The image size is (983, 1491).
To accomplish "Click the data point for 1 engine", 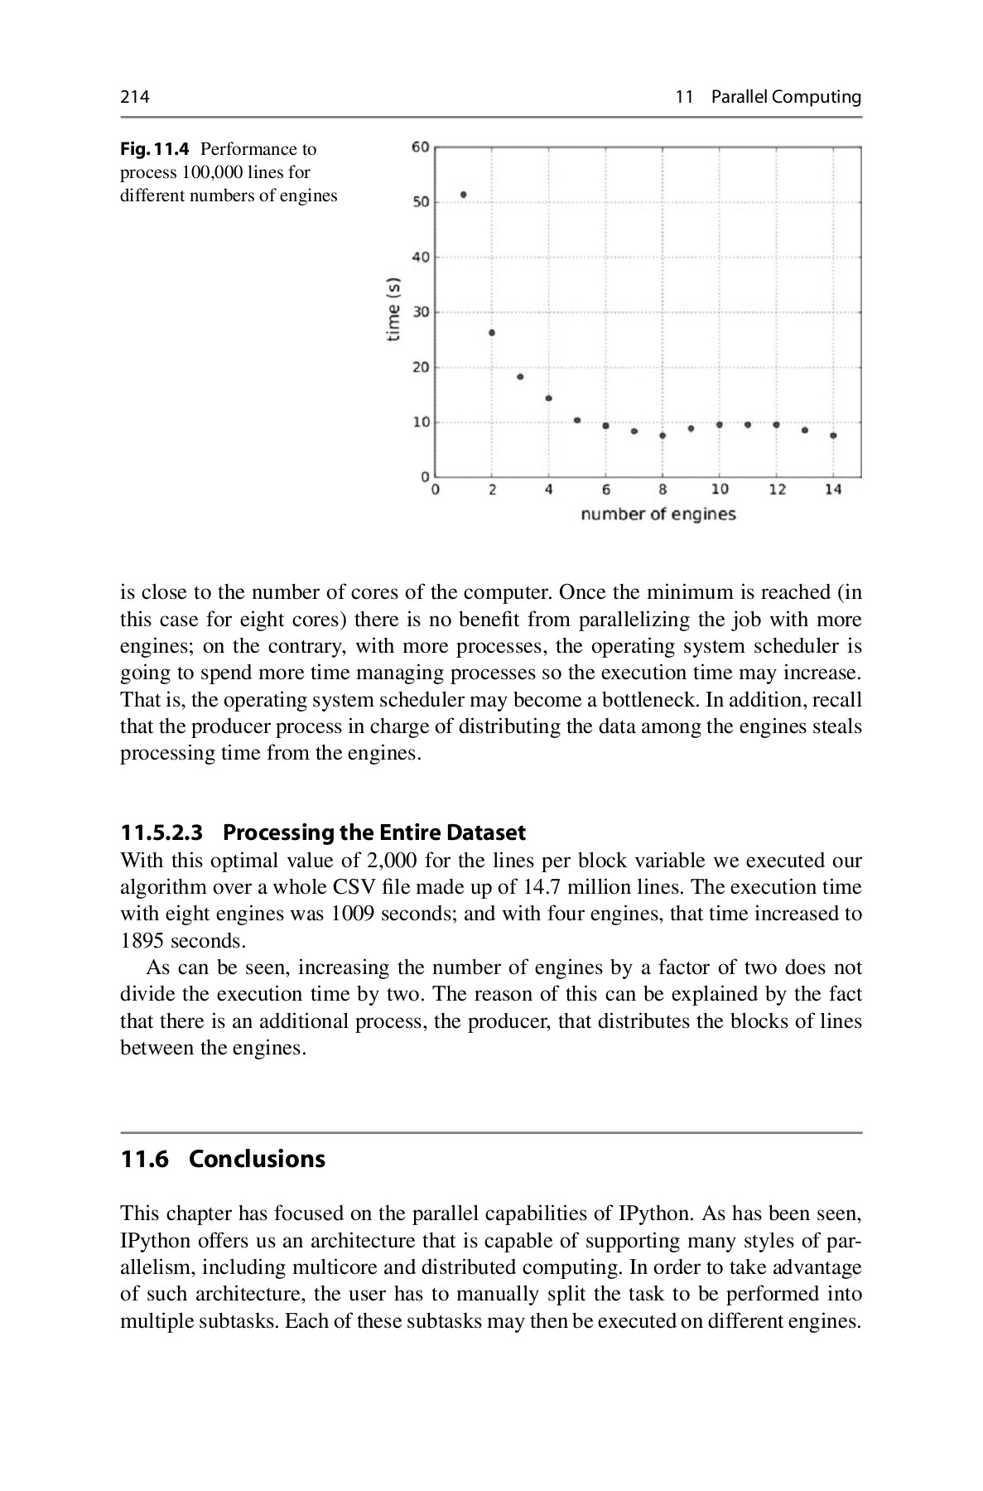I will coord(464,195).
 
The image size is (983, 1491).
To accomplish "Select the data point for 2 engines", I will coord(492,332).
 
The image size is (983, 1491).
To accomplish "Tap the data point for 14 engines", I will coord(833,436).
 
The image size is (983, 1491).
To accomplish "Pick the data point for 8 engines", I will coord(663,436).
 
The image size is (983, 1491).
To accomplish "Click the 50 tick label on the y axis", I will coord(421,202).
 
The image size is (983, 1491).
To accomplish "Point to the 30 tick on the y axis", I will coord(421,312).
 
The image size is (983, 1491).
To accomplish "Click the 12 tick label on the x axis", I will coord(777,490).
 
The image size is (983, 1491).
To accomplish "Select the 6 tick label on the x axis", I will coord(606,490).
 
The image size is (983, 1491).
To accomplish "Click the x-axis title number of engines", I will coord(658,514).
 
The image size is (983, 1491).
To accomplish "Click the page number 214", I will coord(135,98).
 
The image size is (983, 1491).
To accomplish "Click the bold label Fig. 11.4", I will coord(155,150).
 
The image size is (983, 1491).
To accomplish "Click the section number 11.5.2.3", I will coord(161,832).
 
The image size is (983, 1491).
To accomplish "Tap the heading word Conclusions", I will coord(257,1159).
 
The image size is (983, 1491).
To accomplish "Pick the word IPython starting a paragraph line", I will coord(154,1241).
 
